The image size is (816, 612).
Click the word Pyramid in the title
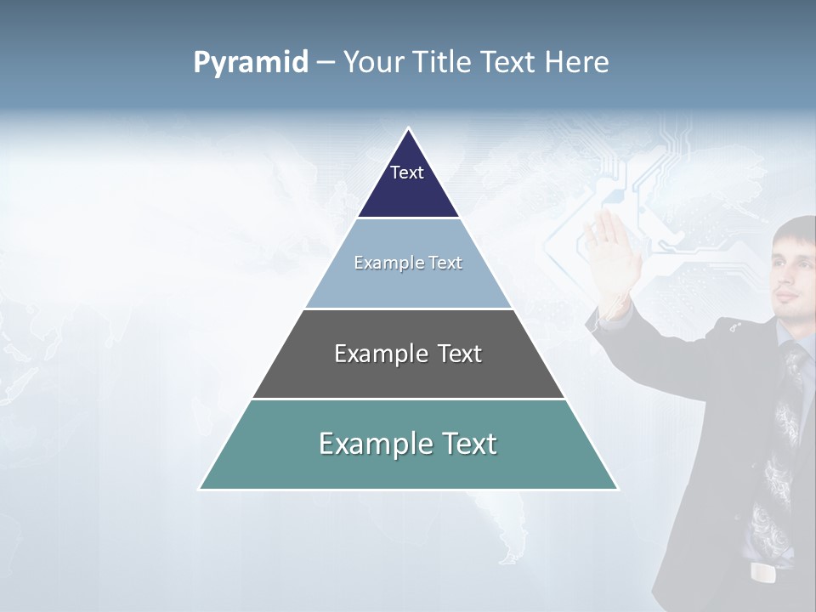pyautogui.click(x=251, y=63)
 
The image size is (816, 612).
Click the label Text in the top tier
pyautogui.click(x=406, y=173)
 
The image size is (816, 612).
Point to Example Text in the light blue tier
pyautogui.click(x=408, y=263)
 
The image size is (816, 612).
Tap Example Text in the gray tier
pyautogui.click(x=408, y=354)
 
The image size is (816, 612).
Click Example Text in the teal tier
pyautogui.click(x=408, y=444)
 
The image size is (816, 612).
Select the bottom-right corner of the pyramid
pyautogui.click(x=617, y=489)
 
